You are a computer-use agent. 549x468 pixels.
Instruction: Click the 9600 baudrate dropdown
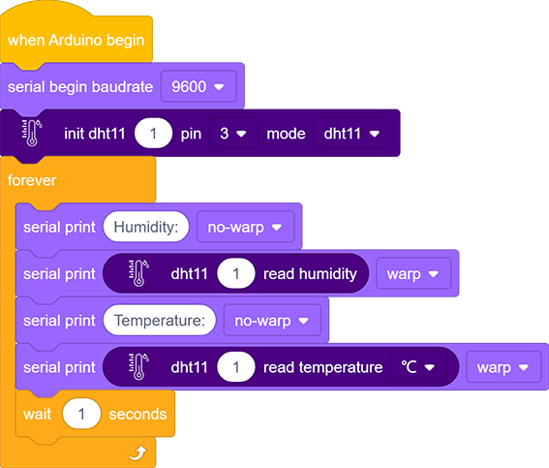tap(198, 86)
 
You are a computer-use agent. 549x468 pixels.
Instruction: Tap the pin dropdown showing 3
tap(233, 134)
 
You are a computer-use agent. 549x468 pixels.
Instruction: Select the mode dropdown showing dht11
tap(352, 134)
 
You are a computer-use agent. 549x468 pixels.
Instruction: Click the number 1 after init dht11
tap(153, 134)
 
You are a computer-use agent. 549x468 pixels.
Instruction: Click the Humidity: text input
tap(146, 227)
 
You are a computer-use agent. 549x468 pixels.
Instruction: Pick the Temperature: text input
tap(160, 321)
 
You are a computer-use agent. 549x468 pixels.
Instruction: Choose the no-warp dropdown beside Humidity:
tap(245, 227)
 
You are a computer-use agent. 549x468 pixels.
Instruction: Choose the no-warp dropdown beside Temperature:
tap(272, 321)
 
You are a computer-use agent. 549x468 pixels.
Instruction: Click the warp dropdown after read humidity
tap(413, 273)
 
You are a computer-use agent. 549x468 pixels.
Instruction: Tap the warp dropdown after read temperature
tap(503, 367)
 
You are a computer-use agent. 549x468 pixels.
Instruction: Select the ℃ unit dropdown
tap(418, 367)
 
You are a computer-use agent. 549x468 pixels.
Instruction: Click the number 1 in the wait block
tap(81, 414)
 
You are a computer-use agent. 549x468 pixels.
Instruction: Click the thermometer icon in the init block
tap(32, 133)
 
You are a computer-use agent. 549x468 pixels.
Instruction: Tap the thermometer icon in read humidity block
tap(138, 273)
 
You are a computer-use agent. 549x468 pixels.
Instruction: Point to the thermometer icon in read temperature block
tap(138, 367)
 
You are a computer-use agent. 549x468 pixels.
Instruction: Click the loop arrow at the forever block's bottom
tap(137, 452)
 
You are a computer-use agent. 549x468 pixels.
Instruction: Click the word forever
tap(32, 180)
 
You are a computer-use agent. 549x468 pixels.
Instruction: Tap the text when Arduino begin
tap(76, 41)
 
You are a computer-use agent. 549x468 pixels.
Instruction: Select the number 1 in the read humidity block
tap(236, 273)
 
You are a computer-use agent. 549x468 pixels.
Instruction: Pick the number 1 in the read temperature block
tap(236, 367)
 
